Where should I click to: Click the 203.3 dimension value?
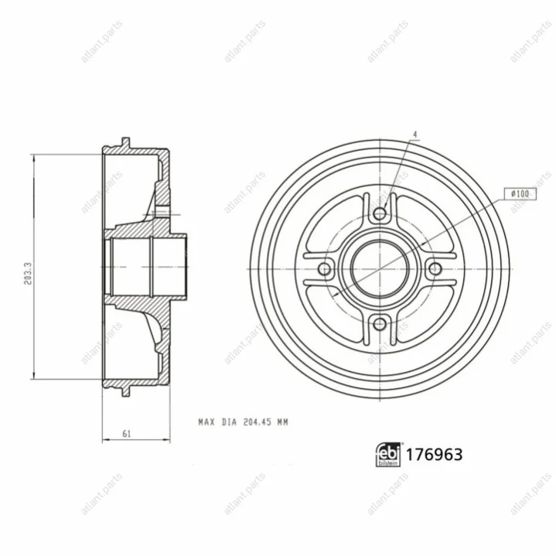point(29,274)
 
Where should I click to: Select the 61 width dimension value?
point(127,434)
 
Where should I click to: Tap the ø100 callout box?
point(520,194)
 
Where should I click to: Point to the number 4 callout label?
point(415,135)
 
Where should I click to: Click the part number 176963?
point(434,455)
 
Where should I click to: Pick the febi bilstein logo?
point(387,455)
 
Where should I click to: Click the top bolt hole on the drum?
point(380,213)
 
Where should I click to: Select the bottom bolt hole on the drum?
point(380,323)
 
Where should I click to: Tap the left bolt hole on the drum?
point(325,269)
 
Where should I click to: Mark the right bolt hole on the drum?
point(435,269)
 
